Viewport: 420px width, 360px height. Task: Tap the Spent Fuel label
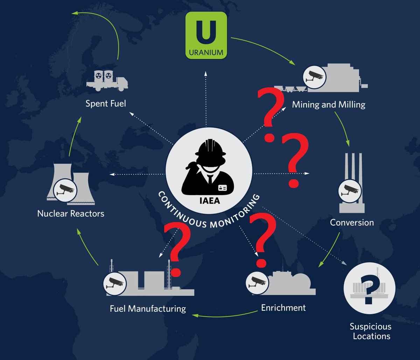click(x=106, y=104)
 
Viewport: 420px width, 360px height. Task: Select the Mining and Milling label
click(x=329, y=104)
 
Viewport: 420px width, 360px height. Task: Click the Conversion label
click(x=352, y=222)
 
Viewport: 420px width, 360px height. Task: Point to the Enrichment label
click(x=283, y=308)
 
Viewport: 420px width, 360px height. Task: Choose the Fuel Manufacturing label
click(x=148, y=309)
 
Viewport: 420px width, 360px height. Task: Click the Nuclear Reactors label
click(x=71, y=213)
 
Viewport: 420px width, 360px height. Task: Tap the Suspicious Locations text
click(x=371, y=331)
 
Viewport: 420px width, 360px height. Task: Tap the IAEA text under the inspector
click(x=209, y=201)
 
